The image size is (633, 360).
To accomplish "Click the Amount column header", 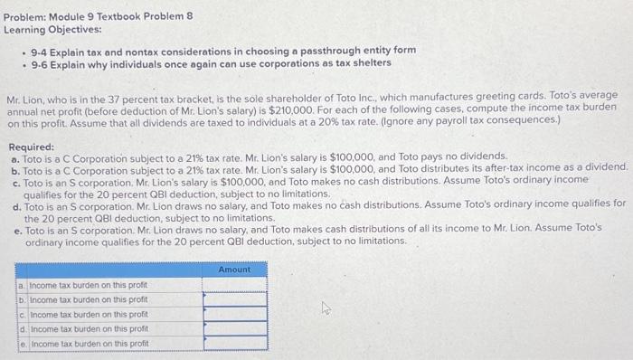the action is [x=234, y=270].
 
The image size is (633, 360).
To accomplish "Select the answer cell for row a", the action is [x=234, y=285].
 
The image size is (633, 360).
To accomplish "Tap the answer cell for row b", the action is [x=234, y=299].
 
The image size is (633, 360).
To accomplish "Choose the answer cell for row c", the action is [x=234, y=314].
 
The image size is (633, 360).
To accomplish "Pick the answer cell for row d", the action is [x=234, y=328].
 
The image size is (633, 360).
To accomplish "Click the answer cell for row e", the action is [x=234, y=344].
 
